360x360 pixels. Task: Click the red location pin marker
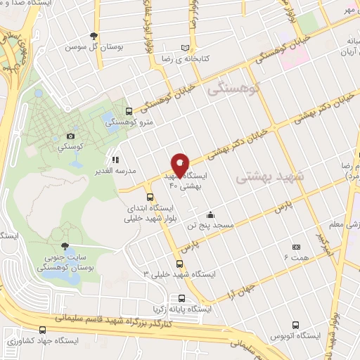[x=180, y=165]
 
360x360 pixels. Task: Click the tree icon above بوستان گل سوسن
[x=94, y=36]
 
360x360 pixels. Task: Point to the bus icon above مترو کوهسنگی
[x=129, y=110]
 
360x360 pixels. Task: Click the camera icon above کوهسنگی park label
[x=70, y=136]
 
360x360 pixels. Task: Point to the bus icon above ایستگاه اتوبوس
[x=296, y=326]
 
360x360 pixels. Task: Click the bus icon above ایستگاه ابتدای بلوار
[x=150, y=197]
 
